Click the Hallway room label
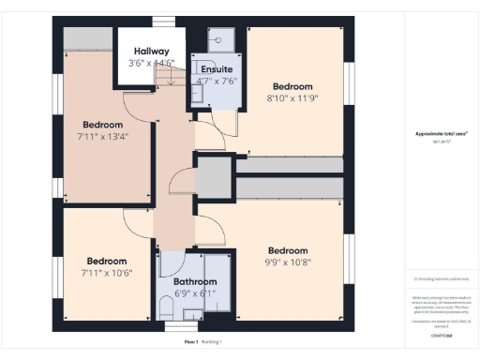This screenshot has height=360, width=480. (152, 52)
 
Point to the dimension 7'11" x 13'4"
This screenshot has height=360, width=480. (102, 137)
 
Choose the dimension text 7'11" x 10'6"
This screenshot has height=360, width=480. (106, 273)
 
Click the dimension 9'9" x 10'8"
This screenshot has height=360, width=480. (287, 262)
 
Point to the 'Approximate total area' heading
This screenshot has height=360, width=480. (441, 134)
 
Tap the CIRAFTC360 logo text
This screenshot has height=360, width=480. (441, 335)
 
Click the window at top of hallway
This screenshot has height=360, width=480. (165, 22)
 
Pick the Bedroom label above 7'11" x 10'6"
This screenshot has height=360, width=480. (106, 262)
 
